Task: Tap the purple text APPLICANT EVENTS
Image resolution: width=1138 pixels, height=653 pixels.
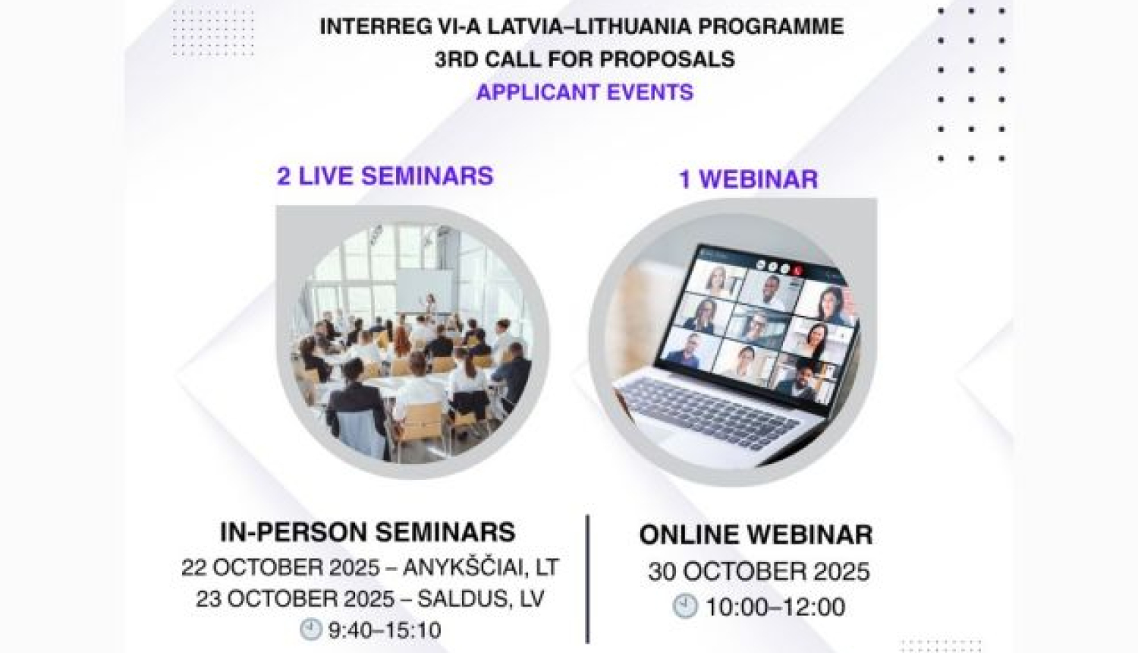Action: (x=584, y=93)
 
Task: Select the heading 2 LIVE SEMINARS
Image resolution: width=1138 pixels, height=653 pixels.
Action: (x=385, y=176)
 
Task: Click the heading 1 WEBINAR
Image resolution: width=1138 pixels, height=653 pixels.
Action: (x=748, y=179)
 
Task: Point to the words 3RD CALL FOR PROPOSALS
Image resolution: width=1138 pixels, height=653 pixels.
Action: (x=584, y=59)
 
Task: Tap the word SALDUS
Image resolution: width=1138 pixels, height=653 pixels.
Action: (x=453, y=598)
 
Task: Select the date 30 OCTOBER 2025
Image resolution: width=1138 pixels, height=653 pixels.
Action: (x=758, y=571)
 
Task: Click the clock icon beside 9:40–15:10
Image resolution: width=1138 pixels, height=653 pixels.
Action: (x=310, y=629)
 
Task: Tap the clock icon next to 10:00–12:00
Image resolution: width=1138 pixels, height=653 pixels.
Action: (x=685, y=606)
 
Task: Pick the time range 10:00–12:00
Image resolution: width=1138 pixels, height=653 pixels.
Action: (x=775, y=607)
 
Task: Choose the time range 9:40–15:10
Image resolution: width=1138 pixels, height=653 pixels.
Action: (x=384, y=630)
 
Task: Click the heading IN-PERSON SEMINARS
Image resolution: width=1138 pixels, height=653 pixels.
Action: (x=367, y=532)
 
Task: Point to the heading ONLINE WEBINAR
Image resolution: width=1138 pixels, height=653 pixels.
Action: (x=756, y=535)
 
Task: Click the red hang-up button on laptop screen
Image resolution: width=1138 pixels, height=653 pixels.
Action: (x=797, y=269)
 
